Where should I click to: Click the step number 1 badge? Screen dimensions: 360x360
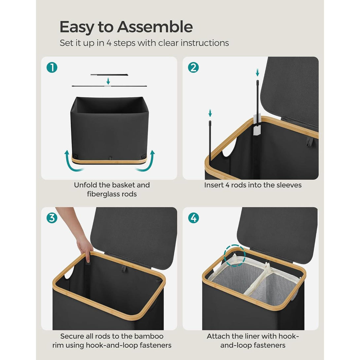[52, 68]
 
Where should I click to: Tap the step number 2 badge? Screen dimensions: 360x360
[193, 68]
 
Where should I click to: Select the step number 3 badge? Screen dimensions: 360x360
[52, 218]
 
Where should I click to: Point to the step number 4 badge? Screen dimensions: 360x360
[194, 218]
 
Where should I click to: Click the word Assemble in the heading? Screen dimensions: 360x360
[155, 27]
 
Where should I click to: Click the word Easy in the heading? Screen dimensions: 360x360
[77, 27]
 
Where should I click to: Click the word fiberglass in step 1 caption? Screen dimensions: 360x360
[102, 194]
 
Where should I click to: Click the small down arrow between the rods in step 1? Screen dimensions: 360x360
[108, 81]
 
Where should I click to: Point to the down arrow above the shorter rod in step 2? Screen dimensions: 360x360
[210, 113]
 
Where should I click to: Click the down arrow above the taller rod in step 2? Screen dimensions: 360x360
[257, 72]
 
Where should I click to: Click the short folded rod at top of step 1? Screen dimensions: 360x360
[109, 75]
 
